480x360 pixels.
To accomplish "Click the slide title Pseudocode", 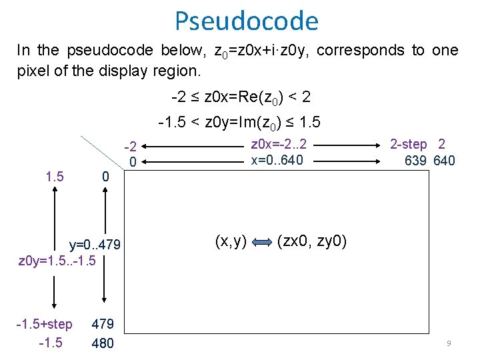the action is (x=247, y=21).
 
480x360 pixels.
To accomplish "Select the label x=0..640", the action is (x=277, y=160).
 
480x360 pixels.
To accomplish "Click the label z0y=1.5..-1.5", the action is (x=57, y=259).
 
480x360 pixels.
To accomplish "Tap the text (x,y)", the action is (x=230, y=241).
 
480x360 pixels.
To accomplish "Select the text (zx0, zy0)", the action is (x=312, y=241).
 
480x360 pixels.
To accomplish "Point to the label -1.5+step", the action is (x=45, y=325).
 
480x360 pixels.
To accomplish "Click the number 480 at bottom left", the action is (x=103, y=343).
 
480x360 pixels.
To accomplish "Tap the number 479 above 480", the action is (x=103, y=325).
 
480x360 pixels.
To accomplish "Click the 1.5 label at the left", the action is (x=54, y=177).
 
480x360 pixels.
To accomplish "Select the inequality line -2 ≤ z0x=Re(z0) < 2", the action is (x=241, y=97).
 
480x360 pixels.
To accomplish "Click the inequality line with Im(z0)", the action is (x=239, y=123).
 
